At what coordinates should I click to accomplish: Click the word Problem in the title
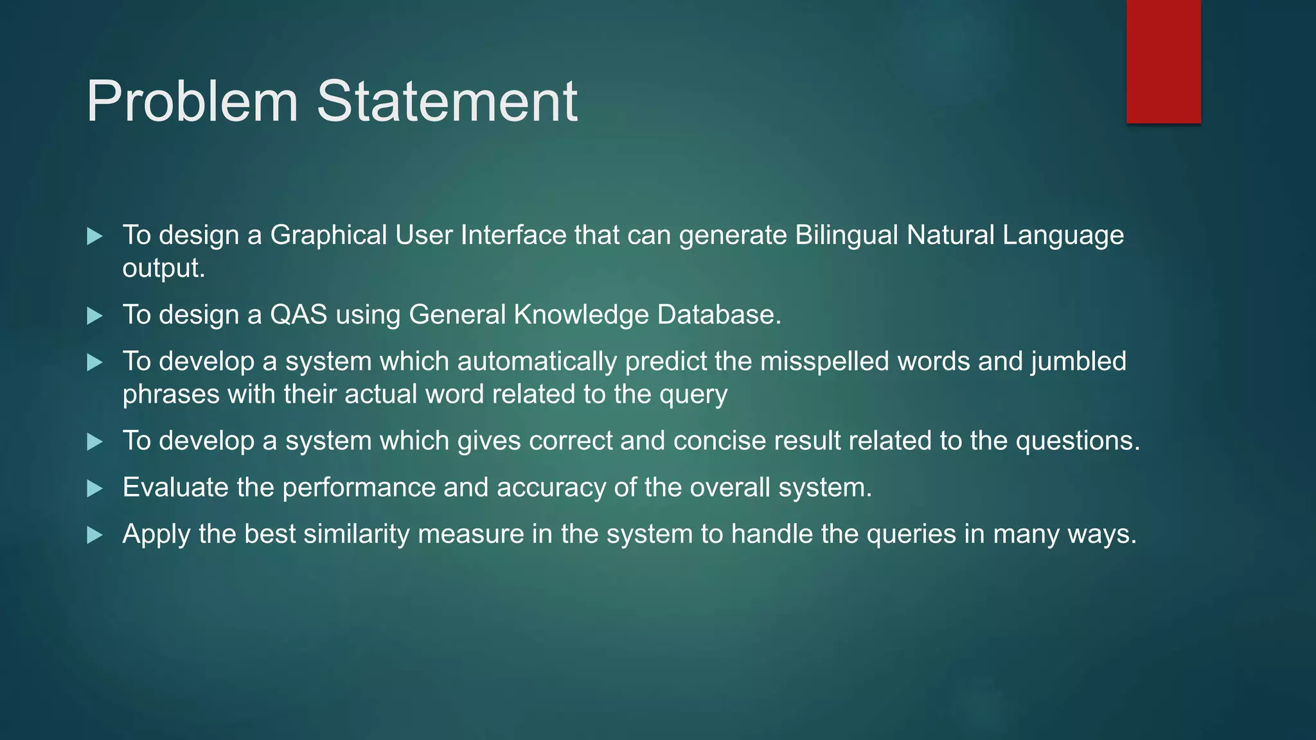pos(192,101)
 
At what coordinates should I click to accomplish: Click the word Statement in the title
pos(447,101)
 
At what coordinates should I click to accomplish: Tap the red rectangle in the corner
pos(1163,62)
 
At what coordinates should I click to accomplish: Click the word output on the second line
pos(163,269)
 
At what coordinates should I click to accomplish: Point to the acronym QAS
pos(299,315)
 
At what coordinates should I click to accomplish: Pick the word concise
pos(720,441)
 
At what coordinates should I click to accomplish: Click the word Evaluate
pos(175,488)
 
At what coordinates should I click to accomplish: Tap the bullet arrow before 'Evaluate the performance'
pos(94,489)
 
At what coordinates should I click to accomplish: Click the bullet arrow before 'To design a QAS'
pos(94,315)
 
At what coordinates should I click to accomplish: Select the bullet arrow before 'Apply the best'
pos(94,535)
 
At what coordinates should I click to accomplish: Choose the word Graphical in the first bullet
pos(328,236)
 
